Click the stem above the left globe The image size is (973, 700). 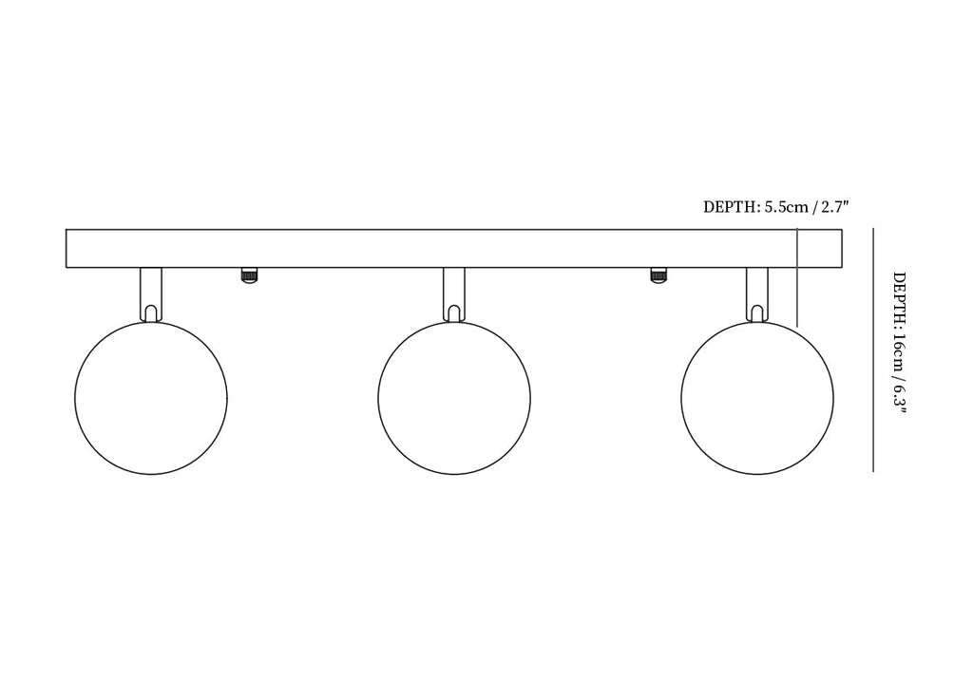click(151, 294)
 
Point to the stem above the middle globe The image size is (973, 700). click(454, 294)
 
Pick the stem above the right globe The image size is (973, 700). click(757, 294)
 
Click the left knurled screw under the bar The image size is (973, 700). click(250, 274)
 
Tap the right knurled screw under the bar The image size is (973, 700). click(659, 274)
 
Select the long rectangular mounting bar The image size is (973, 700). click(454, 249)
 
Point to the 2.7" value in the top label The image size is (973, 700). click(834, 207)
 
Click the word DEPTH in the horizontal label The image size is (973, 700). click(731, 207)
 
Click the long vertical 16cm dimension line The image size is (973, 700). click(874, 350)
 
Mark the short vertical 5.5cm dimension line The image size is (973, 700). click(797, 277)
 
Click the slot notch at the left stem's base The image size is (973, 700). click(151, 313)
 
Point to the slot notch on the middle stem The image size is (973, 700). click(454, 313)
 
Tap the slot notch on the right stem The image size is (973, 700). click(757, 313)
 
